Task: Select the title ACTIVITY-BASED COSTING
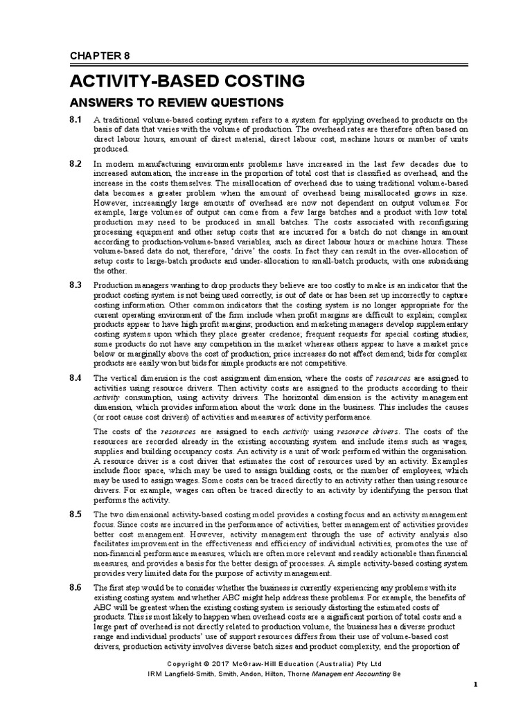click(x=187, y=81)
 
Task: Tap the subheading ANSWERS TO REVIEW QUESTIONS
click(x=177, y=103)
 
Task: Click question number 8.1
click(x=76, y=120)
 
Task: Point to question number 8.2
click(x=76, y=163)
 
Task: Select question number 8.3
click(x=76, y=285)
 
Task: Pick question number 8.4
click(x=76, y=378)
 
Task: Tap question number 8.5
click(x=76, y=514)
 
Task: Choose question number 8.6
click(x=76, y=588)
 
